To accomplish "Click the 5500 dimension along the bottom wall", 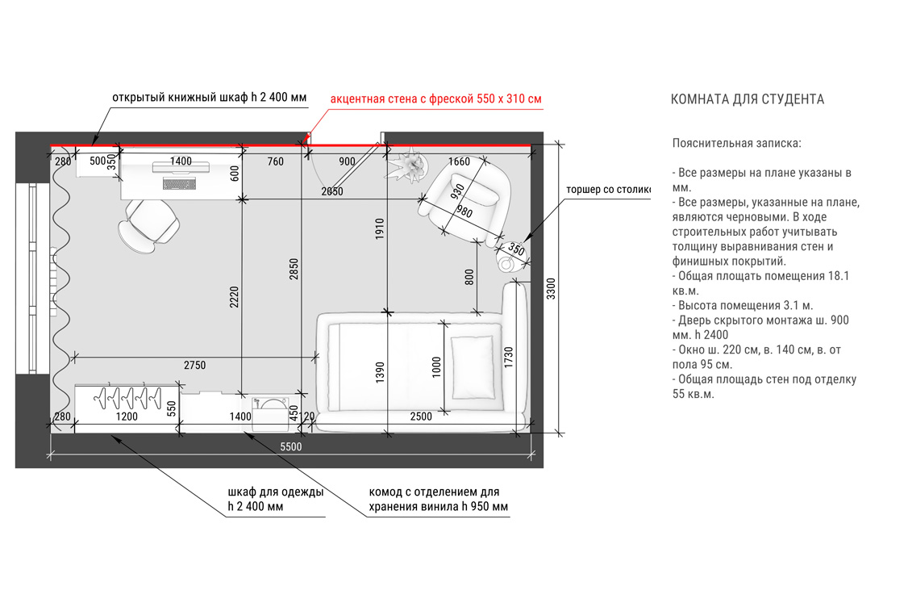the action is (x=290, y=446).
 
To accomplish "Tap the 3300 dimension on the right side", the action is (x=551, y=288).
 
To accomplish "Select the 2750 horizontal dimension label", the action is (x=194, y=365).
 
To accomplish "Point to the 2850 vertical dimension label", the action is (x=294, y=269).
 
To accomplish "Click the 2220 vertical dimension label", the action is (x=234, y=297).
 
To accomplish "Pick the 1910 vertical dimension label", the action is (x=379, y=228).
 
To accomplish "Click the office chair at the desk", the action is (x=149, y=225).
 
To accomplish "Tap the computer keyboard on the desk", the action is (x=180, y=184).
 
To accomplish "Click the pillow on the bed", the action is (x=473, y=367).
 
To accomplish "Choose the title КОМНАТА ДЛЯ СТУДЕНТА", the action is (x=747, y=99).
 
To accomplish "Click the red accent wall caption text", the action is (x=436, y=98).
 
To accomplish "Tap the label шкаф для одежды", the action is (x=276, y=492).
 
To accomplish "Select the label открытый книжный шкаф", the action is (x=180, y=97).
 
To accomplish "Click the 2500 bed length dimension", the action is (x=421, y=417).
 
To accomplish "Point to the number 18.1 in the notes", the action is (x=839, y=276).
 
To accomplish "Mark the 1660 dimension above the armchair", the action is (x=459, y=161).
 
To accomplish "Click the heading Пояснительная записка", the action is (x=736, y=143).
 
